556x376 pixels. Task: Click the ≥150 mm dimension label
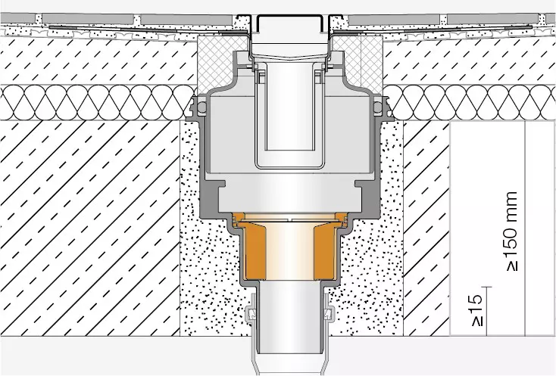pos(511,232)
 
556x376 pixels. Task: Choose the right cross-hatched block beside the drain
pos(358,62)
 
